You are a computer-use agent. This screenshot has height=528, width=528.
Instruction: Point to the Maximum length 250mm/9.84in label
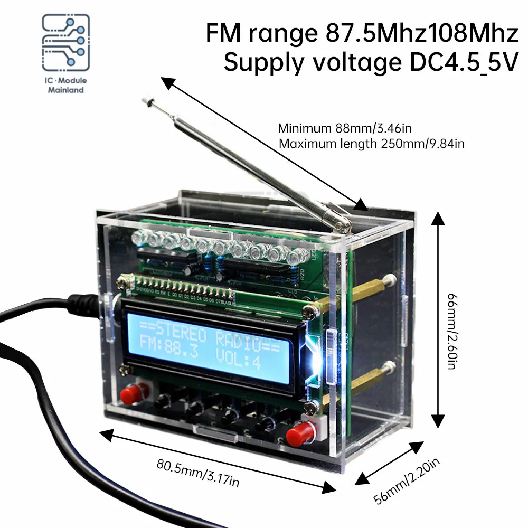pyautogui.click(x=371, y=143)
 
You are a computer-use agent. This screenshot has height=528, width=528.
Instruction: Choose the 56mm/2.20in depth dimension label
pyautogui.click(x=406, y=481)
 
